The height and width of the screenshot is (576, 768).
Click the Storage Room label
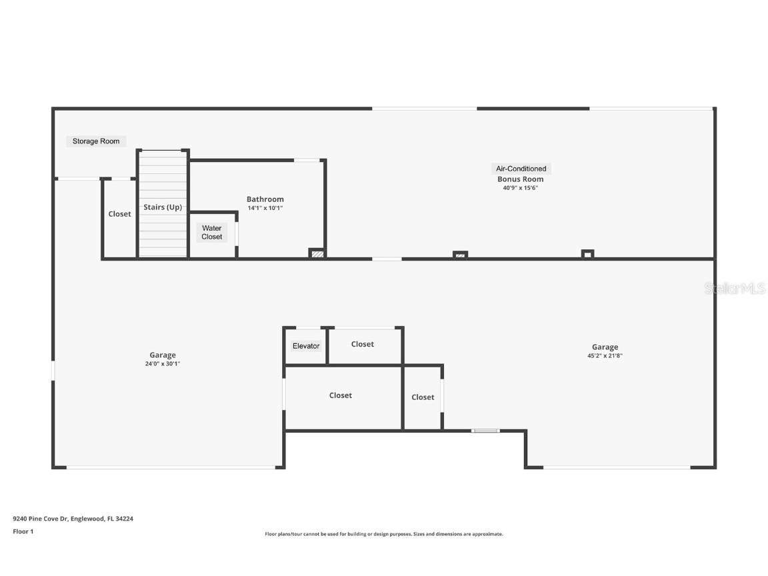(96, 141)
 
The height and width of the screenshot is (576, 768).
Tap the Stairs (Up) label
(163, 207)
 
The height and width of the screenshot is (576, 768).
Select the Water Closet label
(212, 233)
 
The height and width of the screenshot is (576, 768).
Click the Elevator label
(306, 346)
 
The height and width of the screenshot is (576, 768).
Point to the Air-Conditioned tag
(521, 169)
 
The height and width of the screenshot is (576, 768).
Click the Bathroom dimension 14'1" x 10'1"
(265, 208)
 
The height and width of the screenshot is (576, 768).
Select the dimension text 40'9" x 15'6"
(520, 188)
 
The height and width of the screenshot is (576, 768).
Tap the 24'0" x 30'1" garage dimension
(163, 364)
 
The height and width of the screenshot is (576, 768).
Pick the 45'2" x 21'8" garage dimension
(605, 356)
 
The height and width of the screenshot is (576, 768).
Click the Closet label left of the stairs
(120, 214)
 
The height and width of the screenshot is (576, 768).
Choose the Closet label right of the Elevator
(363, 344)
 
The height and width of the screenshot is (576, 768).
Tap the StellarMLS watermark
(735, 289)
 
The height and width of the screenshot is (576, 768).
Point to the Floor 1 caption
(23, 531)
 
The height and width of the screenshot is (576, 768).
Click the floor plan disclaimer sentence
(384, 534)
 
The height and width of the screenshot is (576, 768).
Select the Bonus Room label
(520, 179)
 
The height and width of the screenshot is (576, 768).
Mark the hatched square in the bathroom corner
(318, 254)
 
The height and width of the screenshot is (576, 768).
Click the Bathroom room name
(265, 199)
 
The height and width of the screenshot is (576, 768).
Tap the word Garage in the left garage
(163, 355)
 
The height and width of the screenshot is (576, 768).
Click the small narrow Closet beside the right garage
(423, 397)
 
